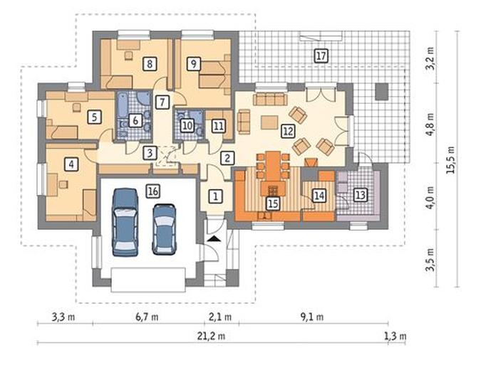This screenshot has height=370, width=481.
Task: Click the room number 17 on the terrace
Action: click(321, 56)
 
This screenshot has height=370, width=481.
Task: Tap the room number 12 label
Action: click(288, 131)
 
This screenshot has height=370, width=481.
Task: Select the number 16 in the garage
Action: click(153, 191)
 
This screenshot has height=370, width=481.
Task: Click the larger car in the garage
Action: click(125, 222)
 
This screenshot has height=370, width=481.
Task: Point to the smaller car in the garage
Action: click(165, 229)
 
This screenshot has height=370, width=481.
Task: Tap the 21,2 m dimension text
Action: click(211, 336)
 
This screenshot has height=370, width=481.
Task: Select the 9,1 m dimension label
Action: click(311, 317)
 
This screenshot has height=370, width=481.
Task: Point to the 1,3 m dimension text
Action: click(395, 336)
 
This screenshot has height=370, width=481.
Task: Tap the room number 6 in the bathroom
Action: click(135, 120)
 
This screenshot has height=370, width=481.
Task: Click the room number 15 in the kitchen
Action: click(273, 203)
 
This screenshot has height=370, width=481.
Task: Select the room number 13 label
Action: click(360, 195)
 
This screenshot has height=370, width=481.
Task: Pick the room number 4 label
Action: click(71, 164)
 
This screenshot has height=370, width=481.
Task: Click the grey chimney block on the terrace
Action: click(382, 91)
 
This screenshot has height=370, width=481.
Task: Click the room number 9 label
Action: click(194, 64)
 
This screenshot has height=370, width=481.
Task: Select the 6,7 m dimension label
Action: click(147, 317)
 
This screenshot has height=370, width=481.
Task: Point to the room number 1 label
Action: click(216, 196)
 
